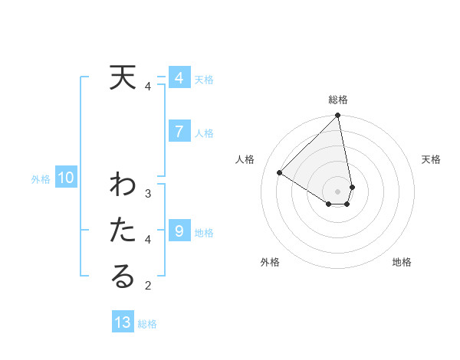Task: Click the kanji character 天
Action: click(123, 78)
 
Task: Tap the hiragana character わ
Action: click(123, 186)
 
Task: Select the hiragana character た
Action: click(123, 231)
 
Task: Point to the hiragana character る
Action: click(123, 277)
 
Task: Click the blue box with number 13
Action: click(123, 322)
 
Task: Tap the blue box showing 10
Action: click(66, 178)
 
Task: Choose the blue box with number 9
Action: click(179, 231)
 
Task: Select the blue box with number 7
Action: click(179, 132)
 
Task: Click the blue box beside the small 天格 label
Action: click(179, 78)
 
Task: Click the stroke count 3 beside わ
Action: click(148, 194)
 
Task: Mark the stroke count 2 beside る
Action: click(148, 286)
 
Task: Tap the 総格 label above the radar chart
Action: click(338, 100)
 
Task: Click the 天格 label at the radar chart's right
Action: click(432, 159)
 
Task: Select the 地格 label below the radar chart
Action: click(402, 263)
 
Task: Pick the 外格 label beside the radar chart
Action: click(270, 263)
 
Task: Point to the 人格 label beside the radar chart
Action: click(245, 159)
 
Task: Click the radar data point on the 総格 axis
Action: click(338, 116)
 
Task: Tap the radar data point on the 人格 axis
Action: click(280, 173)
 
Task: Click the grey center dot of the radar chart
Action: click(338, 191)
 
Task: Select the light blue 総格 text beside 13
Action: click(147, 324)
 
